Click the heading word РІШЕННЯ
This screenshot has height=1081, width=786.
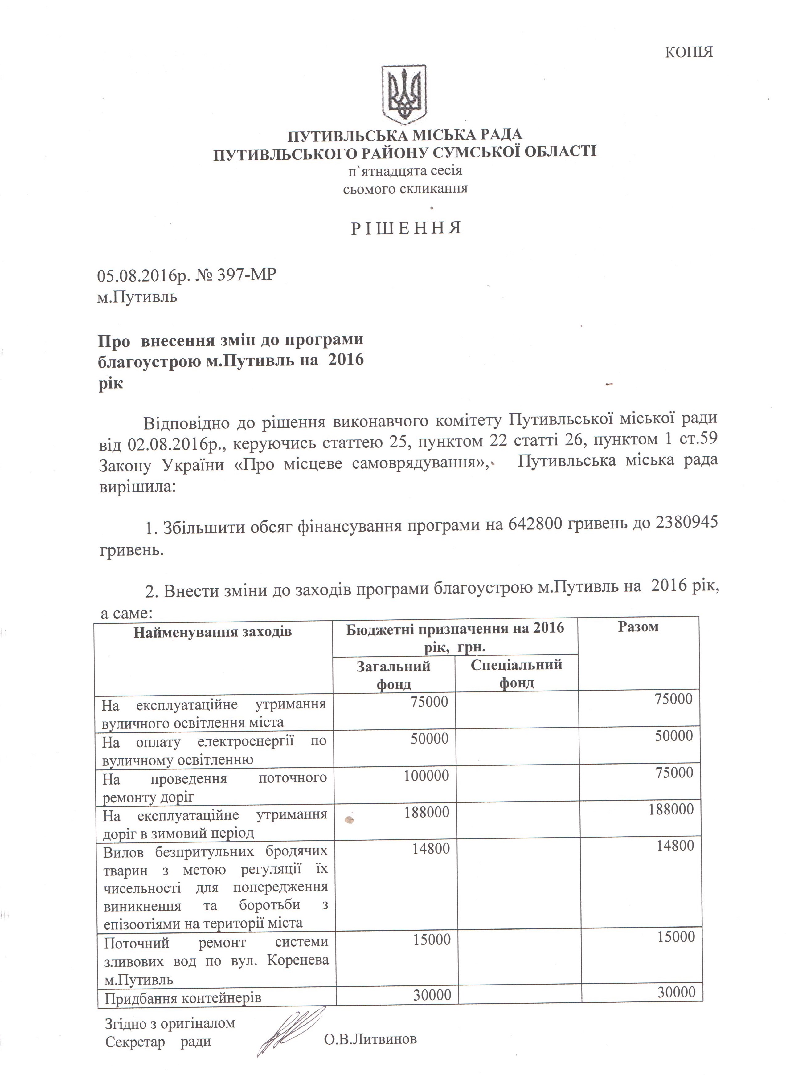coord(406,228)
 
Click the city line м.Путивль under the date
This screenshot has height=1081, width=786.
coord(137,297)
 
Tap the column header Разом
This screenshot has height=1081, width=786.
coord(638,627)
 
